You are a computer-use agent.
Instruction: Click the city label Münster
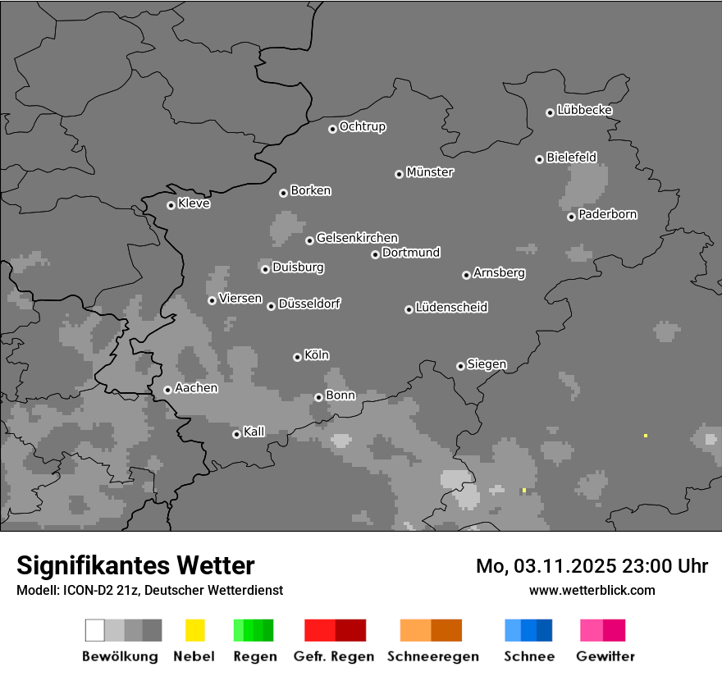point(429,172)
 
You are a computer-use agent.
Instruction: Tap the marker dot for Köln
point(297,357)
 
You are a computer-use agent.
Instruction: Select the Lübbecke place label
point(584,110)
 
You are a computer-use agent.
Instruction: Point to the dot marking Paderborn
point(571,217)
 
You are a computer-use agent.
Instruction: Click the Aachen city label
point(196,387)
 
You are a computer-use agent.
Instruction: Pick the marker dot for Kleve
point(171,205)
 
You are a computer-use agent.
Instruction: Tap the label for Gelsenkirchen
point(357,238)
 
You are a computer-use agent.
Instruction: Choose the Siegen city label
point(487,364)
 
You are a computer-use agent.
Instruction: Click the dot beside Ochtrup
point(332,128)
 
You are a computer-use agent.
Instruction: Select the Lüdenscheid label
point(451,308)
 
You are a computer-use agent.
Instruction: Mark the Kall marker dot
point(236,434)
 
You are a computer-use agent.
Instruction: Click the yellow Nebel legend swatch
point(195,630)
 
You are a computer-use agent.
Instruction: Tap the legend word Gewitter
point(605,656)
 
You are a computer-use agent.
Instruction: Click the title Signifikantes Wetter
point(135,565)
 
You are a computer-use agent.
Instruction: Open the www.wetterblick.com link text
point(592,590)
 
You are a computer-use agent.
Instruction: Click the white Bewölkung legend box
point(95,630)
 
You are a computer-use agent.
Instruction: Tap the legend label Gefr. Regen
point(334,656)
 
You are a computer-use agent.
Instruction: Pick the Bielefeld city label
point(571,157)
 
